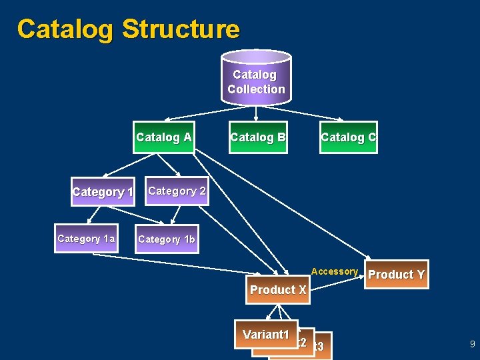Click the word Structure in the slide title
pos(181,29)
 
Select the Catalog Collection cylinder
pos(256,77)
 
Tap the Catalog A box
pos(163,137)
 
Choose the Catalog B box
pos(258,137)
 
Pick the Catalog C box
pos(348,137)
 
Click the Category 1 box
pos(103,192)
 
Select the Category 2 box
pos(176,191)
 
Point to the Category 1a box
pos(86,239)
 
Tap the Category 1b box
pos(167,239)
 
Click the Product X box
pos(278,290)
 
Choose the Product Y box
pos(396,274)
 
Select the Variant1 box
pos(265,335)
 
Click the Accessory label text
pos(334,271)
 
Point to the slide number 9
pos(472,345)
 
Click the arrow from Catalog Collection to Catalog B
pos(257,113)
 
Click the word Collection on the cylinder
pos(256,89)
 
